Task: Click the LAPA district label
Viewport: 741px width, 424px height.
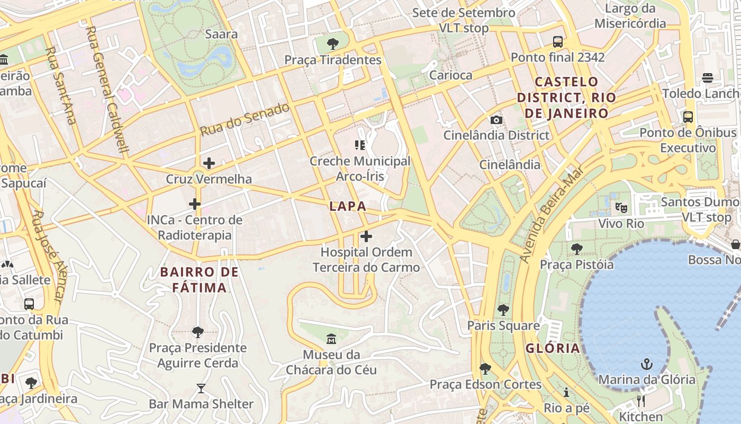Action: pos(348,206)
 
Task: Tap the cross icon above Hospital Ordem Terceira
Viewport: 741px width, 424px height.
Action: pos(366,236)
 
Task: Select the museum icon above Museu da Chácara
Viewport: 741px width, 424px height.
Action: pos(331,339)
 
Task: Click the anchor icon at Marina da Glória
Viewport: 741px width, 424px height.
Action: pos(646,364)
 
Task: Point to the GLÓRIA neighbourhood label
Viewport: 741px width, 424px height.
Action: pos(553,348)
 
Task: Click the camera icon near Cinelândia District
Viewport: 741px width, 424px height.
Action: pos(496,120)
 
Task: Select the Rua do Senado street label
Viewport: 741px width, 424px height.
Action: pos(245,119)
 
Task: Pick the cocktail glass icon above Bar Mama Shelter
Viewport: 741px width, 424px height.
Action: pos(201,388)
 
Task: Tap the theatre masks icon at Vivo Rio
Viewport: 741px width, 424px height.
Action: pos(621,207)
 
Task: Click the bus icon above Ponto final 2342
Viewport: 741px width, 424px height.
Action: pos(557,41)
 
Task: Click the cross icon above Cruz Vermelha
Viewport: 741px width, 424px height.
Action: pos(209,163)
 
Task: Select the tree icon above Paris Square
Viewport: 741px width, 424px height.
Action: pos(503,310)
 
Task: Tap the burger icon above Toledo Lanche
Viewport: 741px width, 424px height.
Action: pos(708,78)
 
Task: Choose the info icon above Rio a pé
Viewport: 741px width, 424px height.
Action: pos(566,392)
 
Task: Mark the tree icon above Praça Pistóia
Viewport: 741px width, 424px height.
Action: pos(576,248)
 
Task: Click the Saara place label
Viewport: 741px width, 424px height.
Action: pos(221,34)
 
